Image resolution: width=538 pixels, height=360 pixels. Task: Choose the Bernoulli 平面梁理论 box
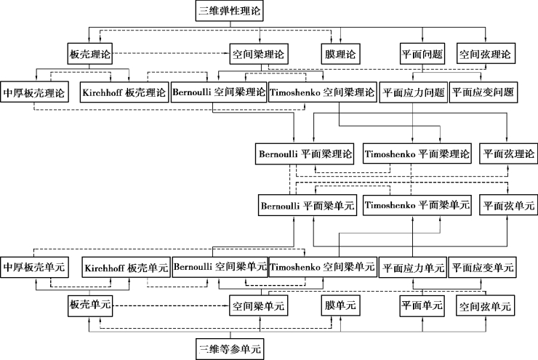point(305,154)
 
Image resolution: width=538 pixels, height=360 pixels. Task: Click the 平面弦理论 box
point(509,154)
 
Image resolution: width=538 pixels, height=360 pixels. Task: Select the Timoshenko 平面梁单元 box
point(417,206)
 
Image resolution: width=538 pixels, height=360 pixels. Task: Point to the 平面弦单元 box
point(509,206)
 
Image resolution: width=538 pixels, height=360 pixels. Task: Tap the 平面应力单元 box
point(413,267)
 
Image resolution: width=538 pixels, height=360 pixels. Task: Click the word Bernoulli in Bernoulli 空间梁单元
point(194,267)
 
